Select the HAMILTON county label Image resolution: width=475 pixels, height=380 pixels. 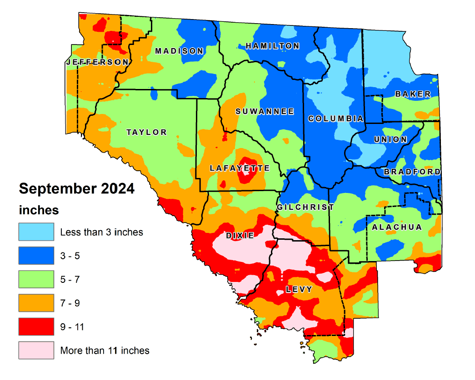point(272,46)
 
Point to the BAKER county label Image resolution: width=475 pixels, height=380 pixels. point(413,94)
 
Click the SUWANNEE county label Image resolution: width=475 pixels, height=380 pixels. point(265,111)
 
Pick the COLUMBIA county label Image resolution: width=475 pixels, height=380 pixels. point(336,118)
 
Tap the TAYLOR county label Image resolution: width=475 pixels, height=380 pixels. point(146,132)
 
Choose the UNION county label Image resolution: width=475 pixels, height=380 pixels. point(390,139)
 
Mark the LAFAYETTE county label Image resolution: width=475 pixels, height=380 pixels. point(240,168)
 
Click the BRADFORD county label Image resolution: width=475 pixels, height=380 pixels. point(412,172)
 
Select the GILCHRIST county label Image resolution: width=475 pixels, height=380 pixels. point(305,207)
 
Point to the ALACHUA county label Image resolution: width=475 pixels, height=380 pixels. point(397,227)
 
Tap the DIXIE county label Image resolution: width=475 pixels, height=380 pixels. point(240,236)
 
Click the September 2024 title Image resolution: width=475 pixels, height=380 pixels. point(76,188)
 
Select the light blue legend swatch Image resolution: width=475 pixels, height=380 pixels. point(36,232)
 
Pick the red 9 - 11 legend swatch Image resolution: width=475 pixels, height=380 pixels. point(36,326)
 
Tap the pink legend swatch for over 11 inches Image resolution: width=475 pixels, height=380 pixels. point(36,350)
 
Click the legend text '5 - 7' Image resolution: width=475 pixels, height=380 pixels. point(70,279)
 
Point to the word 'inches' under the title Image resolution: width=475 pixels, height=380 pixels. point(39,210)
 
